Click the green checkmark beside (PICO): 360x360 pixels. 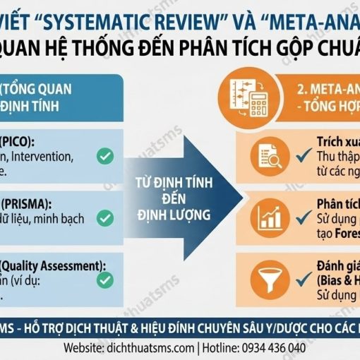[x=105, y=156]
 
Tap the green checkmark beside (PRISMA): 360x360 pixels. [x=105, y=217]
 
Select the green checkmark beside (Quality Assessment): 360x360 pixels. [x=105, y=280]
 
